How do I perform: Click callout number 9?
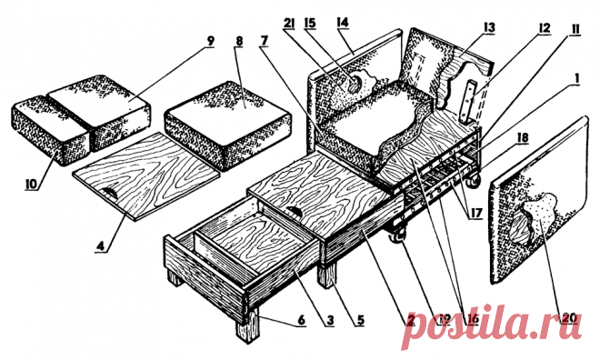point(210,41)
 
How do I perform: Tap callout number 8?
point(239,41)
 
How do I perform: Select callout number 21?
point(289,25)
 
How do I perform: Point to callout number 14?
point(343,22)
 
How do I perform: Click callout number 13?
point(489,27)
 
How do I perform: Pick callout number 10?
point(32,184)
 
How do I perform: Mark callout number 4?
point(100,245)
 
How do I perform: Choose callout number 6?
point(302,319)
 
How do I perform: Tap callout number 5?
point(359,319)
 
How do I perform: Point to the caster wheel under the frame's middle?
point(396,235)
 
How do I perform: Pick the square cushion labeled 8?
point(227,125)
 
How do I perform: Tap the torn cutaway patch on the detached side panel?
point(534,221)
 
